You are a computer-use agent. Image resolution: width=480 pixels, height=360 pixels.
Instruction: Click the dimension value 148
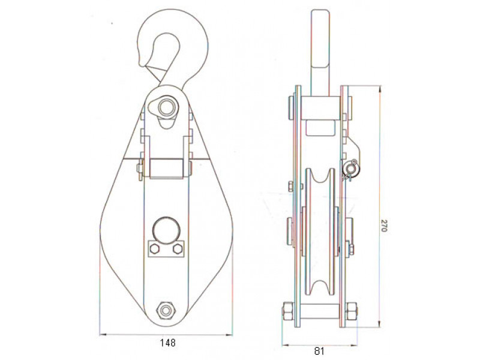[x=168, y=342]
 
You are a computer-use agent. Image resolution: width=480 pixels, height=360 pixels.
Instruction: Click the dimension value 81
[x=319, y=350]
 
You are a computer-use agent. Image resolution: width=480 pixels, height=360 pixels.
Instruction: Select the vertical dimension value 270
[x=384, y=226]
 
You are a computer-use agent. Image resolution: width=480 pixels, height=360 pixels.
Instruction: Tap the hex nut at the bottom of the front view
[x=166, y=311]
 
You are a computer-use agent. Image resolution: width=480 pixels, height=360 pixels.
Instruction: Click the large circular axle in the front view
[x=166, y=230]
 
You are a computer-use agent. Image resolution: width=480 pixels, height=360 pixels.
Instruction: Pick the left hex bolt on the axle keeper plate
[x=155, y=249]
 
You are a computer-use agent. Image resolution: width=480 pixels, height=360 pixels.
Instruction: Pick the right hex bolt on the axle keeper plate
[x=178, y=249]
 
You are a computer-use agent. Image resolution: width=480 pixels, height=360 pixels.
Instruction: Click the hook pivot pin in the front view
[x=167, y=106]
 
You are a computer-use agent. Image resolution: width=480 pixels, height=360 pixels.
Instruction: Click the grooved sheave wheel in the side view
[x=320, y=232]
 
